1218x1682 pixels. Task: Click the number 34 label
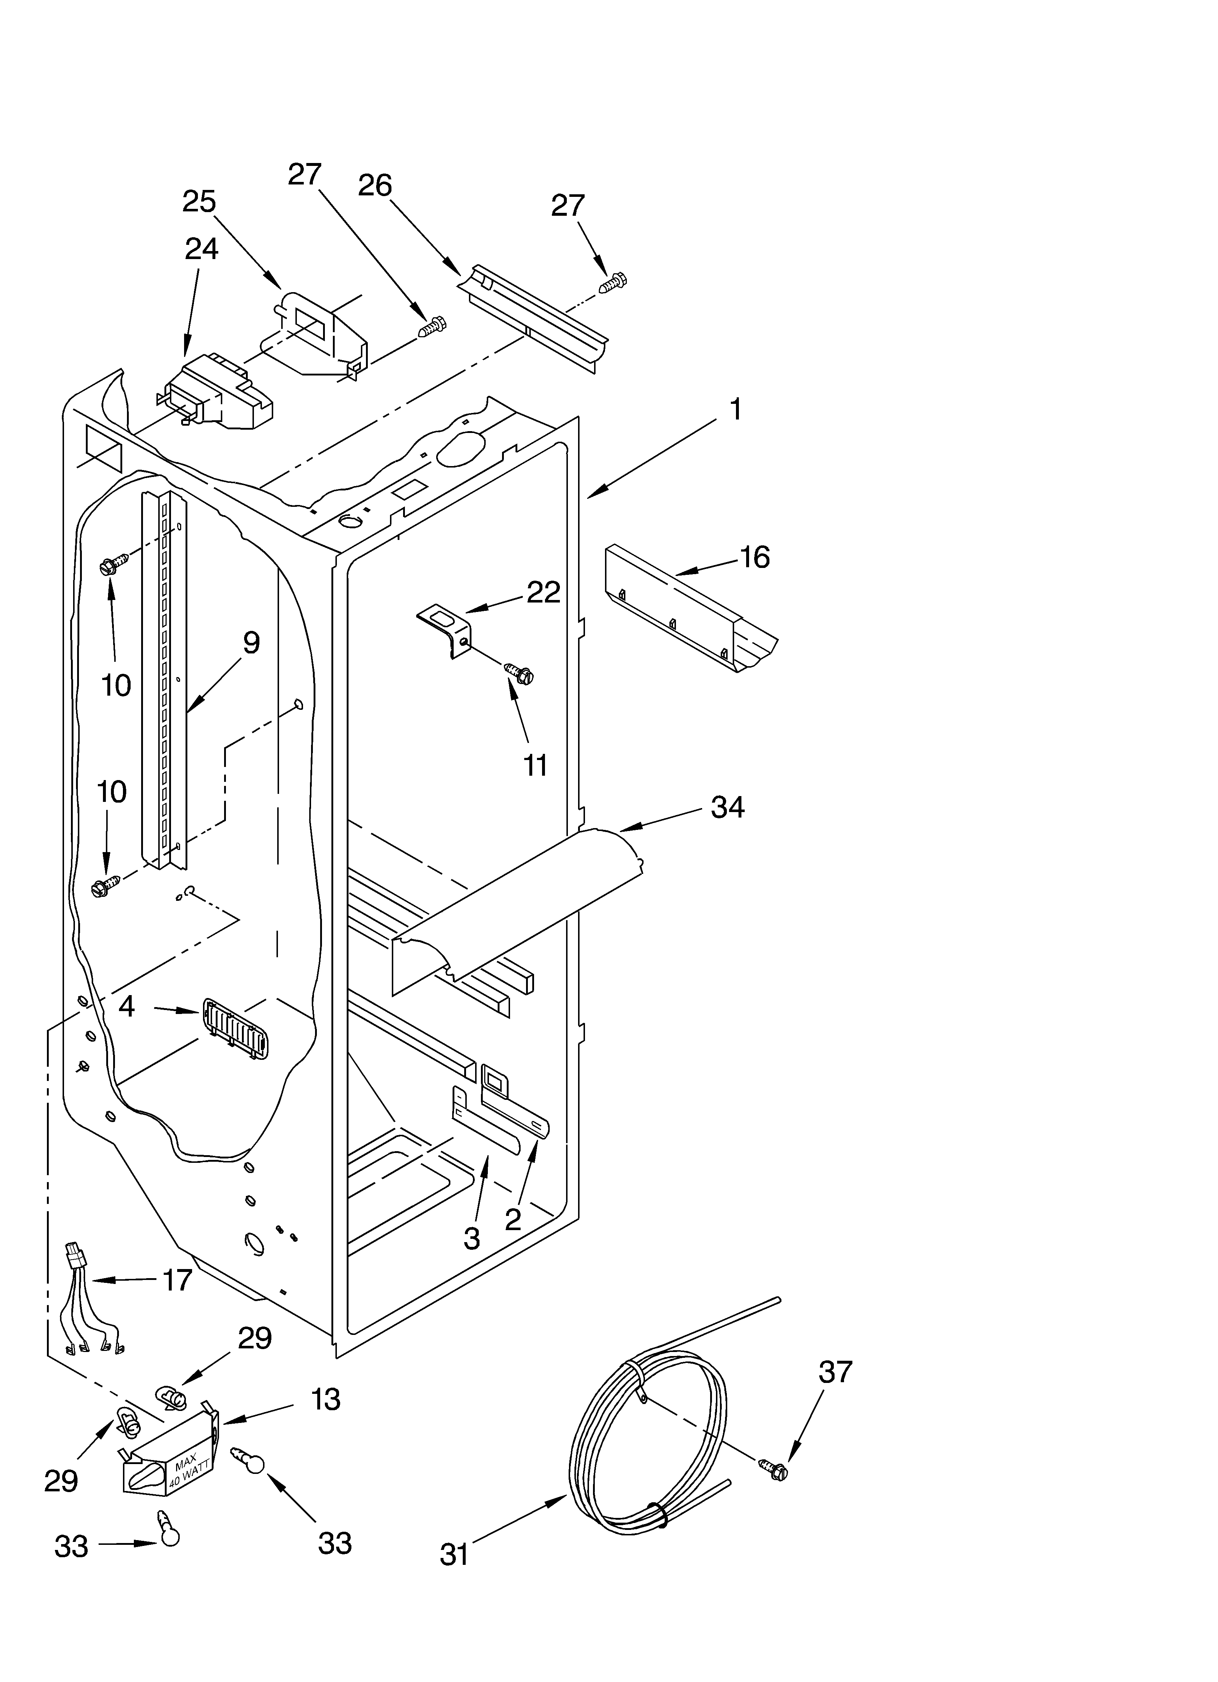(x=727, y=807)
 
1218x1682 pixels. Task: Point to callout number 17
(x=176, y=1280)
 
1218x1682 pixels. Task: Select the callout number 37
(x=835, y=1372)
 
